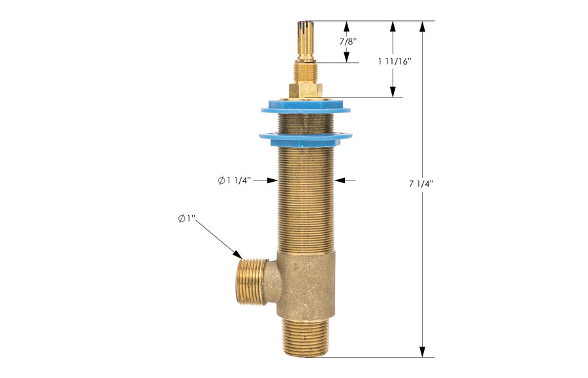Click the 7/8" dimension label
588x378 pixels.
point(348,41)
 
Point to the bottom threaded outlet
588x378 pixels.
point(306,337)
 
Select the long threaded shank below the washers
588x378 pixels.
point(305,196)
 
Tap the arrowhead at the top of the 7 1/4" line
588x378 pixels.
point(423,27)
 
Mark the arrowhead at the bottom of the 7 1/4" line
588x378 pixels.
point(423,351)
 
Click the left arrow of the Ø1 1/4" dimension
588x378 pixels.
point(272,180)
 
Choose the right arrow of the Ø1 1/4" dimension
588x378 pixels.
point(340,180)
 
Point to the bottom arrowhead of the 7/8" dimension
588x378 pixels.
point(346,58)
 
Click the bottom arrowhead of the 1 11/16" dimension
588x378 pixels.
point(393,92)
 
